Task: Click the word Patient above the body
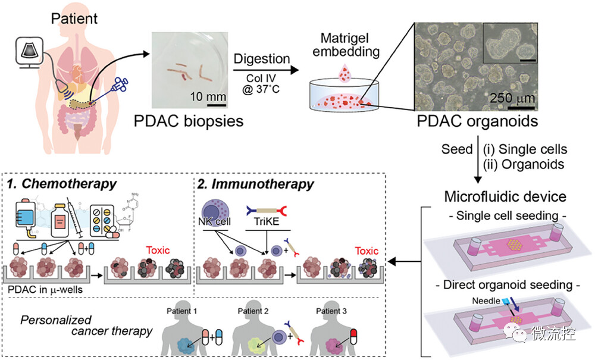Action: tap(74, 18)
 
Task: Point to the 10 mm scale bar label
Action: tap(208, 96)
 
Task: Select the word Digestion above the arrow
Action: tap(262, 59)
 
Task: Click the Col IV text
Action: tap(261, 78)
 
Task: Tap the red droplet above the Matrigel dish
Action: tap(345, 73)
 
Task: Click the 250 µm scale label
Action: tap(512, 98)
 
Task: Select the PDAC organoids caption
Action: tap(477, 121)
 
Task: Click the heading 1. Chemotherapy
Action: tap(62, 184)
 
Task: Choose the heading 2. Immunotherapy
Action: tap(255, 184)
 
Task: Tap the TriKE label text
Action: tap(267, 221)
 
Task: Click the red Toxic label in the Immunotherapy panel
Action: tap(367, 251)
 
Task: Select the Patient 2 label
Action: tap(253, 311)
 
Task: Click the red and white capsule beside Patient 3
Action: tap(353, 336)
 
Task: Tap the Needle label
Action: tap(486, 301)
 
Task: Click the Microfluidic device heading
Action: tap(505, 196)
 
